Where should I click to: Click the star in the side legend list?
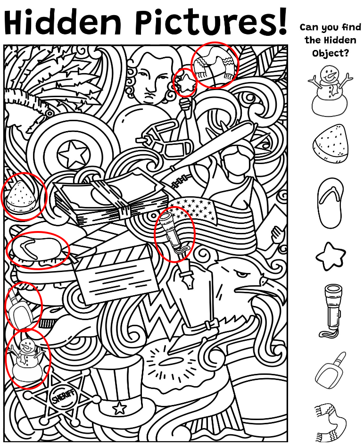point(331,256)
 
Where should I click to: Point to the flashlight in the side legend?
point(331,311)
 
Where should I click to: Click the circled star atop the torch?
point(186,82)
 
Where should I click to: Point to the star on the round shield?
point(72,155)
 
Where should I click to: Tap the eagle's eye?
point(242,274)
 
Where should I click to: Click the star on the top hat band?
point(119,408)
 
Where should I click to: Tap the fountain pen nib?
point(185,279)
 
